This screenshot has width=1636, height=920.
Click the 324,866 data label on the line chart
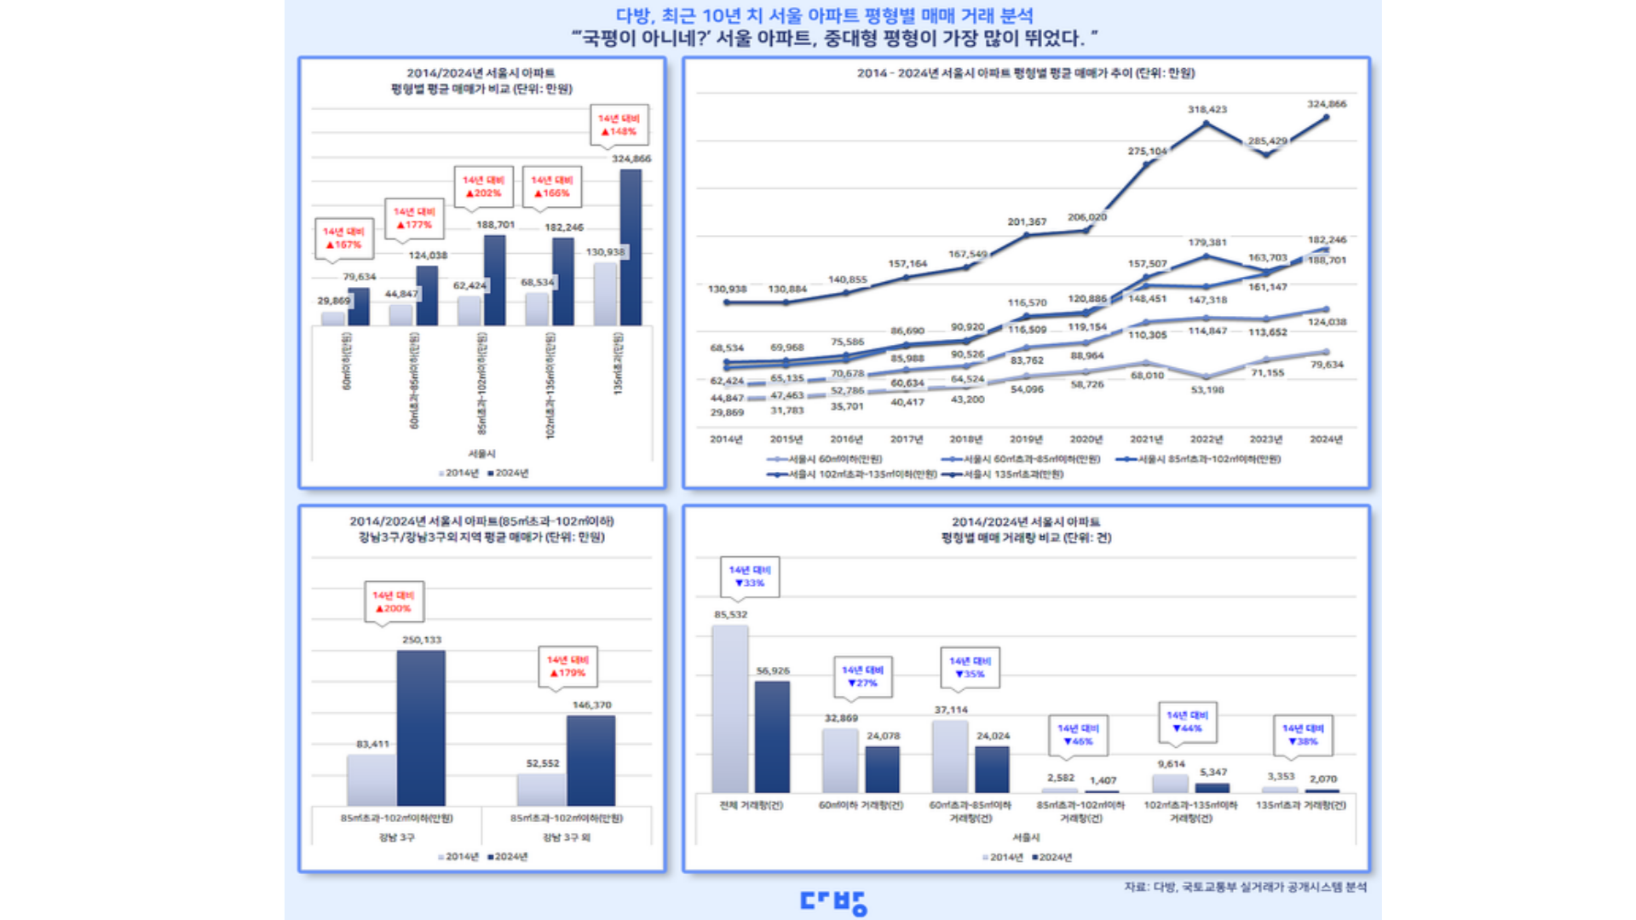[1327, 104]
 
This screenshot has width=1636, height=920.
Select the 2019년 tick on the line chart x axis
[1026, 440]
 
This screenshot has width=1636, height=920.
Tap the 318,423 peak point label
[1207, 110]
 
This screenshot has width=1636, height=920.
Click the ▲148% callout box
[619, 125]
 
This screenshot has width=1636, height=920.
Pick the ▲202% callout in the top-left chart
[483, 187]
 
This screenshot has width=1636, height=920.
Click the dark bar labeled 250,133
[421, 728]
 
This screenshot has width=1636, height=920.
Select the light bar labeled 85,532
[730, 709]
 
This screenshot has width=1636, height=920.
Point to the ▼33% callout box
[750, 577]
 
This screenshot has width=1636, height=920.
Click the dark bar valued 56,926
[772, 737]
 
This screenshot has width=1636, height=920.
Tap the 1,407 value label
[1103, 780]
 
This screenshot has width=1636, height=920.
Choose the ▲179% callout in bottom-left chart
[567, 666]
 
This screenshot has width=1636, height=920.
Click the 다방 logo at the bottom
[833, 902]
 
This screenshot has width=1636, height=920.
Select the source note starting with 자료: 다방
[1245, 887]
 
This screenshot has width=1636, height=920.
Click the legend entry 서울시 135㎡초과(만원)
[1005, 474]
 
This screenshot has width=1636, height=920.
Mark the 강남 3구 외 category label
[567, 837]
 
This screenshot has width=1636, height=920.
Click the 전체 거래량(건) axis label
[751, 805]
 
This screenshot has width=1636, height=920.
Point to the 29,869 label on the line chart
[727, 412]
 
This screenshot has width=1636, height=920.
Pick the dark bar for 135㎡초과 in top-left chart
[631, 247]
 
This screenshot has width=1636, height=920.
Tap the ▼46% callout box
[1078, 735]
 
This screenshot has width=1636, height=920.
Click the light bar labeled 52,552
[542, 789]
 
